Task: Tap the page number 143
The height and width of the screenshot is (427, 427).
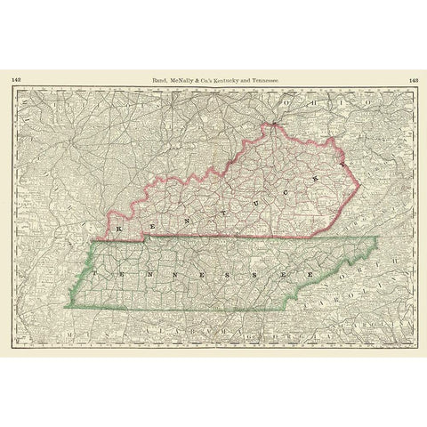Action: tap(412, 80)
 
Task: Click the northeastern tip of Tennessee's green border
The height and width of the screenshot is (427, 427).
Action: tap(377, 238)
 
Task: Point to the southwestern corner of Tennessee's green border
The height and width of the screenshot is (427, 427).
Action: tap(65, 307)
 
